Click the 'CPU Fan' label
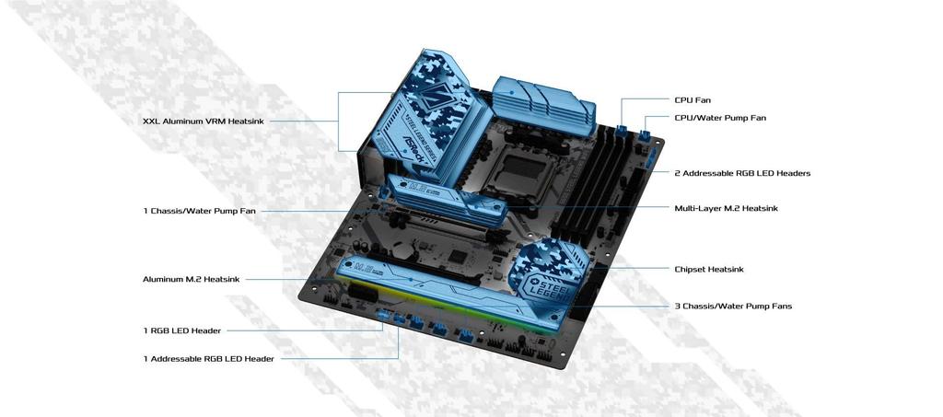[693, 99]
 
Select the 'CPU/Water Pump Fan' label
[719, 118]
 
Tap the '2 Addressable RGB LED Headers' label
[742, 173]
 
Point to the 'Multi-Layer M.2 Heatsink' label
[726, 208]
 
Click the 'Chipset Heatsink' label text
[708, 269]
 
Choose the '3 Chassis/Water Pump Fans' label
[732, 306]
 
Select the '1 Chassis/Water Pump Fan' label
[199, 211]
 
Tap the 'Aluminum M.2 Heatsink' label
[191, 278]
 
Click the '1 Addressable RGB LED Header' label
[208, 358]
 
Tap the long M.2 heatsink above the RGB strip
[442, 286]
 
